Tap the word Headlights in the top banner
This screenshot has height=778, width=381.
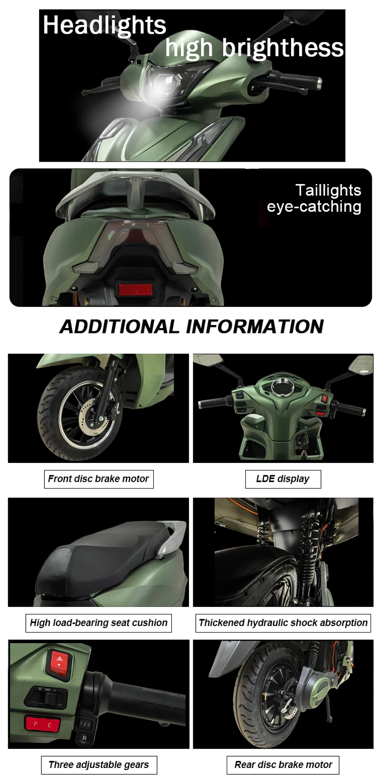[104, 25]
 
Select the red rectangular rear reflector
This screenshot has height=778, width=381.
[135, 289]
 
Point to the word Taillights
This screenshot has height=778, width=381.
[328, 190]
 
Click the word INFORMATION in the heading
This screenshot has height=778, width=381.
[255, 327]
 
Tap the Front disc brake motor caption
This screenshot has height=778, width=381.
[99, 479]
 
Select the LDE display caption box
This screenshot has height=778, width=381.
[283, 479]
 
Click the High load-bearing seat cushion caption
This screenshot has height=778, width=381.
[99, 623]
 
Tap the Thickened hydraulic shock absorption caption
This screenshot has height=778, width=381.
[283, 623]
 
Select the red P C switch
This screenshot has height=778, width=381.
[42, 725]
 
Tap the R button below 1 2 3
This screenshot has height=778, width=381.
[85, 738]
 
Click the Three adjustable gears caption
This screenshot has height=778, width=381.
[99, 765]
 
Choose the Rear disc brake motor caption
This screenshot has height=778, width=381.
[283, 765]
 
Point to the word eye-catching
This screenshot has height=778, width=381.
[314, 206]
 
